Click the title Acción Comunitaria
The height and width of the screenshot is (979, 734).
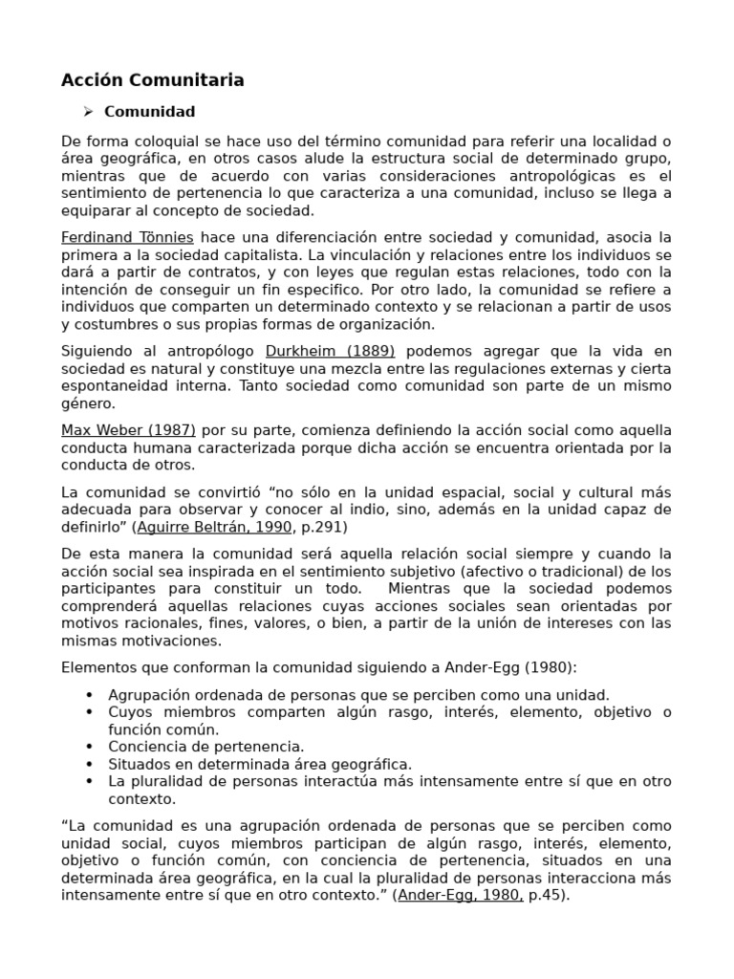153,80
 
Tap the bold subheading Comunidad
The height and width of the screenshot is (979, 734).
149,112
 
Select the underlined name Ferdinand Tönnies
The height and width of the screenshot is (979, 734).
127,237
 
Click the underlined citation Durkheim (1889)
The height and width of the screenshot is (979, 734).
330,351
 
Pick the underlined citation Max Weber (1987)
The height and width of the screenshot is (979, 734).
128,430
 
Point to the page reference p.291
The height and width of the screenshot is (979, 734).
322,527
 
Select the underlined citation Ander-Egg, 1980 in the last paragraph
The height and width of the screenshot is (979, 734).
460,895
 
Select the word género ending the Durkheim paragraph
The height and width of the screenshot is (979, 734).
87,402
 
